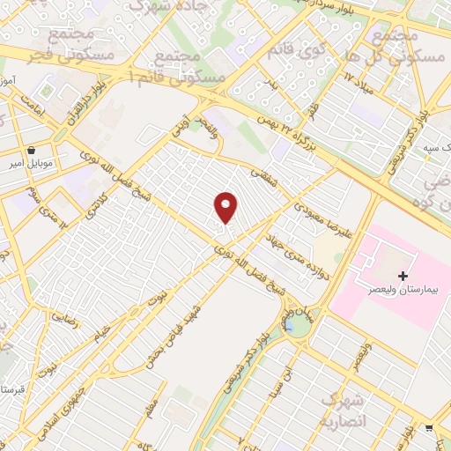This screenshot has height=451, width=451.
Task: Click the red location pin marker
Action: [226, 207]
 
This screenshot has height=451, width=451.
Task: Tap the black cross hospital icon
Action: [403, 276]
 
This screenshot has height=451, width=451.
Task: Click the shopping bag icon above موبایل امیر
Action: [33, 150]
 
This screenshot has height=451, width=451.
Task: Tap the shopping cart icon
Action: [429, 428]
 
